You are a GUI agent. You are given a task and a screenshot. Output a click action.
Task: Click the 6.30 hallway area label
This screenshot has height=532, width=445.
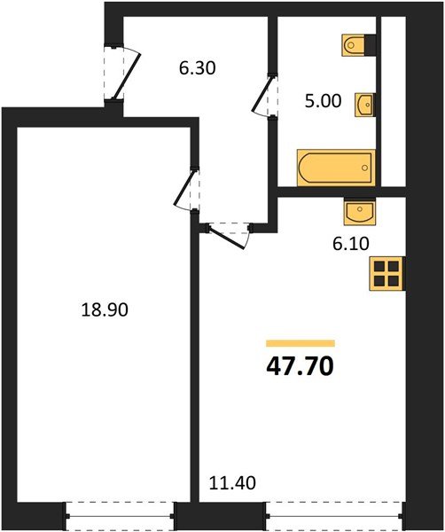pyautogui.click(x=198, y=66)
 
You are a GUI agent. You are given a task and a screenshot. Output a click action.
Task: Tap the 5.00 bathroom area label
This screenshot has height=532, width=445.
pyautogui.click(x=323, y=101)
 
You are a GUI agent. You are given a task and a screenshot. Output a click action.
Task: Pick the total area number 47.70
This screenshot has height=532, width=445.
pyautogui.click(x=300, y=364)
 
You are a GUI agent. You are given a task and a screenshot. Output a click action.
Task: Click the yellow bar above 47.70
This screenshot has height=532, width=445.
pyautogui.click(x=300, y=342)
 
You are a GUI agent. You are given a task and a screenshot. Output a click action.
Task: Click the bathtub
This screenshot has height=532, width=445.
pyautogui.click(x=335, y=167)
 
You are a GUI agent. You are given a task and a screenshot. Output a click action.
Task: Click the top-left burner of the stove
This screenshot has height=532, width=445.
pyautogui.click(x=379, y=265)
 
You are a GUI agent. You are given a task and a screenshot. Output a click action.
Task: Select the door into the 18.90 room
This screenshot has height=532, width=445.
pyautogui.click(x=188, y=190)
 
